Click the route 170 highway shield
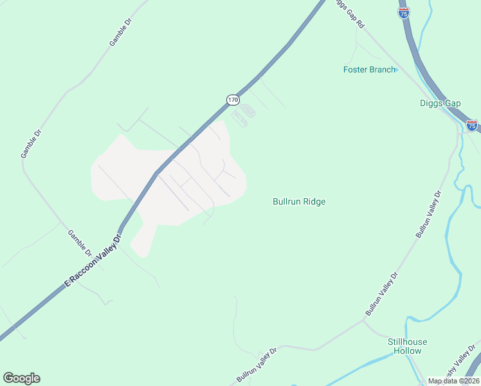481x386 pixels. coord(233,100)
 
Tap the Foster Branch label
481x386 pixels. coord(369,69)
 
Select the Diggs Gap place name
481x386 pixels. coord(440,103)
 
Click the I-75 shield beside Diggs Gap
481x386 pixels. coord(472,125)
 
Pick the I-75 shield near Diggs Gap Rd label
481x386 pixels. coord(404,13)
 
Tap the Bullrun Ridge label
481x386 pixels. coord(299,201)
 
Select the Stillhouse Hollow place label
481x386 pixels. coord(408,346)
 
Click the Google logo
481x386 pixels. coord(21,378)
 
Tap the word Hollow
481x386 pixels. coord(408,351)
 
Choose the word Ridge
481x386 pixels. coord(314,201)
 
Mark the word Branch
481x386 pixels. coord(382,69)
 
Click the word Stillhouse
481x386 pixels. coord(408,342)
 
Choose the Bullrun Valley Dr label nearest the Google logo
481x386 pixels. coord(256,365)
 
